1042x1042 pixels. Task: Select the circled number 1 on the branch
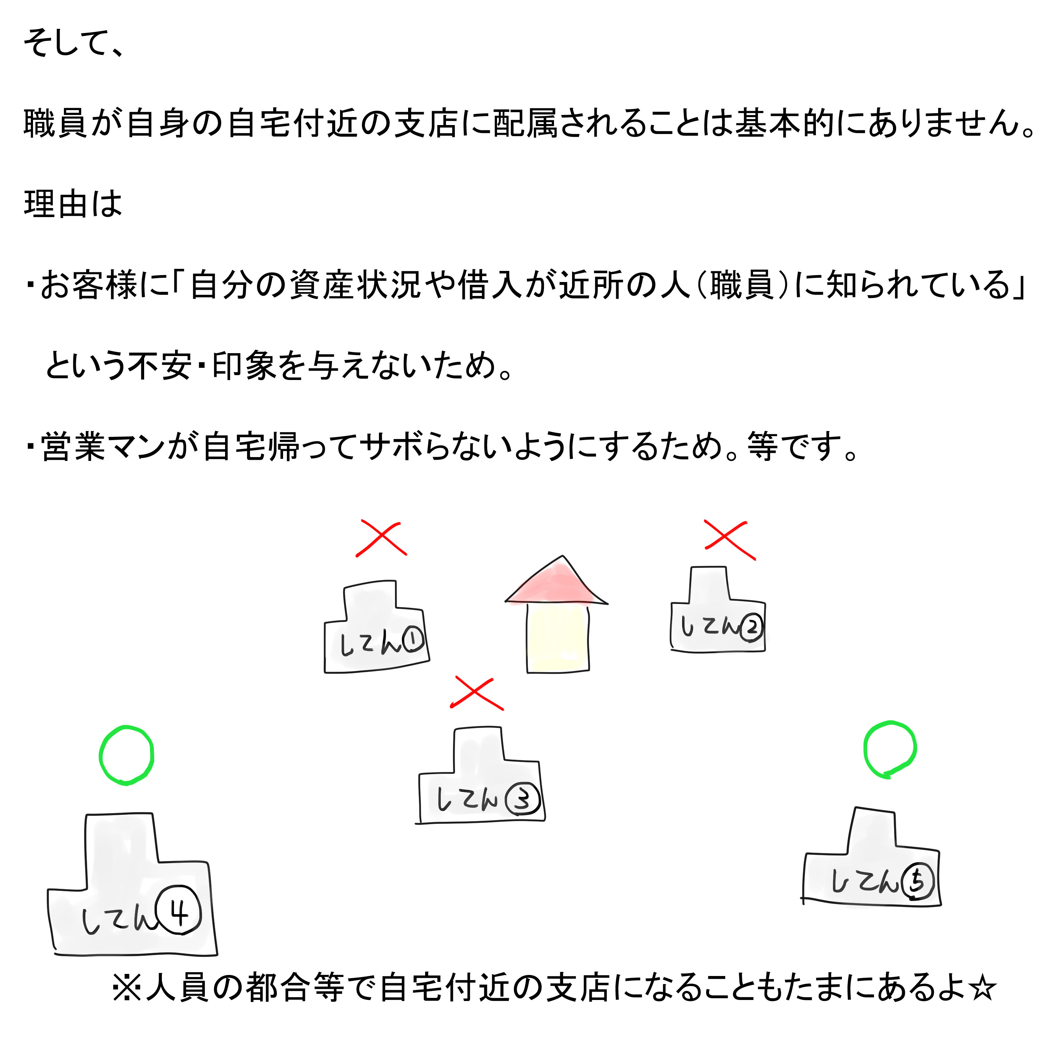[x=413, y=641]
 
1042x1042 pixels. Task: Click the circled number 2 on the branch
[x=751, y=627]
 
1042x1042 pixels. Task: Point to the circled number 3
[x=522, y=799]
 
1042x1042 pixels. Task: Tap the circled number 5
[x=916, y=882]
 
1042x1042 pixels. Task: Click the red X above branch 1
[x=381, y=538]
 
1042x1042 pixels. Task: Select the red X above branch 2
[x=730, y=539]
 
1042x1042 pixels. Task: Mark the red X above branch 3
[x=477, y=693]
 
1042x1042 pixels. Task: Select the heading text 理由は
[x=73, y=205]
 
